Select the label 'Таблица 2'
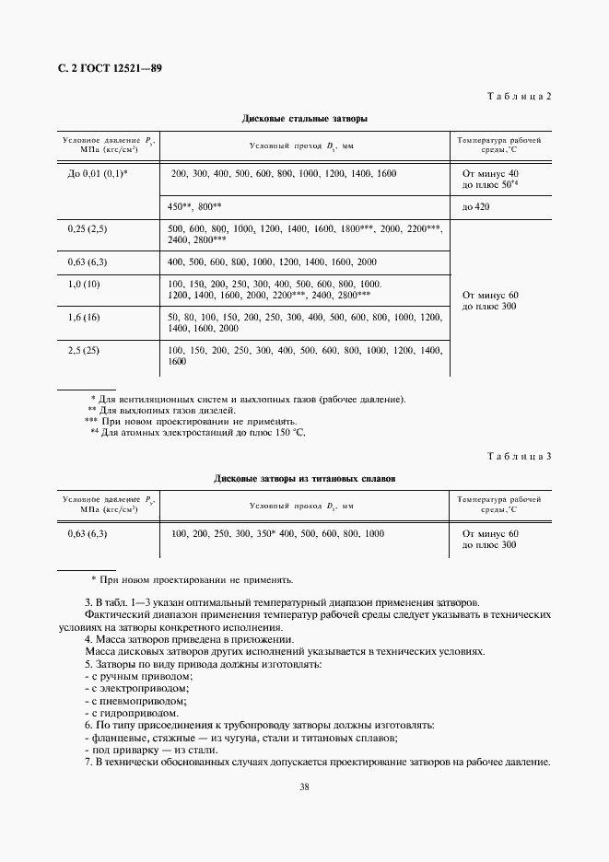(518, 97)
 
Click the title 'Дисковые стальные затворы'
(304, 119)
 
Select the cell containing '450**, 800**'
(195, 207)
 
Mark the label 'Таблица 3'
(518, 457)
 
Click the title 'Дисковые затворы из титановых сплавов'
(304, 479)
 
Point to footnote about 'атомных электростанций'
(198, 432)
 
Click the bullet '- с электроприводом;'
(136, 688)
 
